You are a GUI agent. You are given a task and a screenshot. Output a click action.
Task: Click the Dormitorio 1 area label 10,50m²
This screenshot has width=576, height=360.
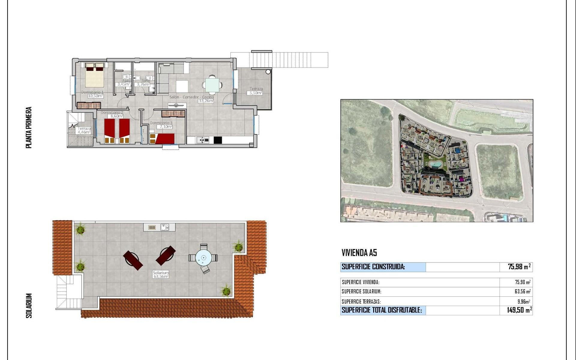[95, 96]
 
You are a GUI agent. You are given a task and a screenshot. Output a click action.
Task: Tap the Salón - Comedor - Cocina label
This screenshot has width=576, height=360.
[192, 97]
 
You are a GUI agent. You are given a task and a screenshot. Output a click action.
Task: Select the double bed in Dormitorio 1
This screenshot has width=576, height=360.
[95, 75]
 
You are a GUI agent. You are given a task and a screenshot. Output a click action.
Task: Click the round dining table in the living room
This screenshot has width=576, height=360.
[212, 84]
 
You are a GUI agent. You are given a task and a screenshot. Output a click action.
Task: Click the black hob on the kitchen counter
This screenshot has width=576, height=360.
[218, 140]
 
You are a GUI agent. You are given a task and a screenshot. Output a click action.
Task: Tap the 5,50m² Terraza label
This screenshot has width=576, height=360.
[256, 93]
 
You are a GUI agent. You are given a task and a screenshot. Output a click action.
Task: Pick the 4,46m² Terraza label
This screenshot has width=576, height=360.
[84, 132]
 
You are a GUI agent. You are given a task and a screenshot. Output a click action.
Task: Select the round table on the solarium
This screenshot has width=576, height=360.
[204, 258]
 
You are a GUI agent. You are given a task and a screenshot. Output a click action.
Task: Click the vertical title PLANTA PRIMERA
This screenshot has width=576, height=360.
[29, 127]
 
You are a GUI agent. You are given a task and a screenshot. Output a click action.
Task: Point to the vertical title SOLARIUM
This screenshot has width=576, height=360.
[29, 305]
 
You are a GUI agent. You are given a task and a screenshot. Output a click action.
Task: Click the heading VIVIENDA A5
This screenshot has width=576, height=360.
[359, 253]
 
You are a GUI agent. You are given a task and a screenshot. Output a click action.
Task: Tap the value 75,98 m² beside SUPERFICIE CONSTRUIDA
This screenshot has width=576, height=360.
[519, 267]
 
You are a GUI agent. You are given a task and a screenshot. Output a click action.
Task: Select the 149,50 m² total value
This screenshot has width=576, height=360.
[519, 310]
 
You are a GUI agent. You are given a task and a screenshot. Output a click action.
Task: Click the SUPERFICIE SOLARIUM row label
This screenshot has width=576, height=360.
[361, 292]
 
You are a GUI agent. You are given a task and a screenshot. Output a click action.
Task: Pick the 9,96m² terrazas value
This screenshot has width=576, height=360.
[523, 301]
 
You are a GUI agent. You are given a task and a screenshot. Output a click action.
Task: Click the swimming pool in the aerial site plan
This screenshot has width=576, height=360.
[434, 164]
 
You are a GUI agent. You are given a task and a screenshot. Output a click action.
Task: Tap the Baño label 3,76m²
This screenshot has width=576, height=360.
[143, 84]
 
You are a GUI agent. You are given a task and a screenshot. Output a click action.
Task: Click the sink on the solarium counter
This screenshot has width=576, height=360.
[164, 227]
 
